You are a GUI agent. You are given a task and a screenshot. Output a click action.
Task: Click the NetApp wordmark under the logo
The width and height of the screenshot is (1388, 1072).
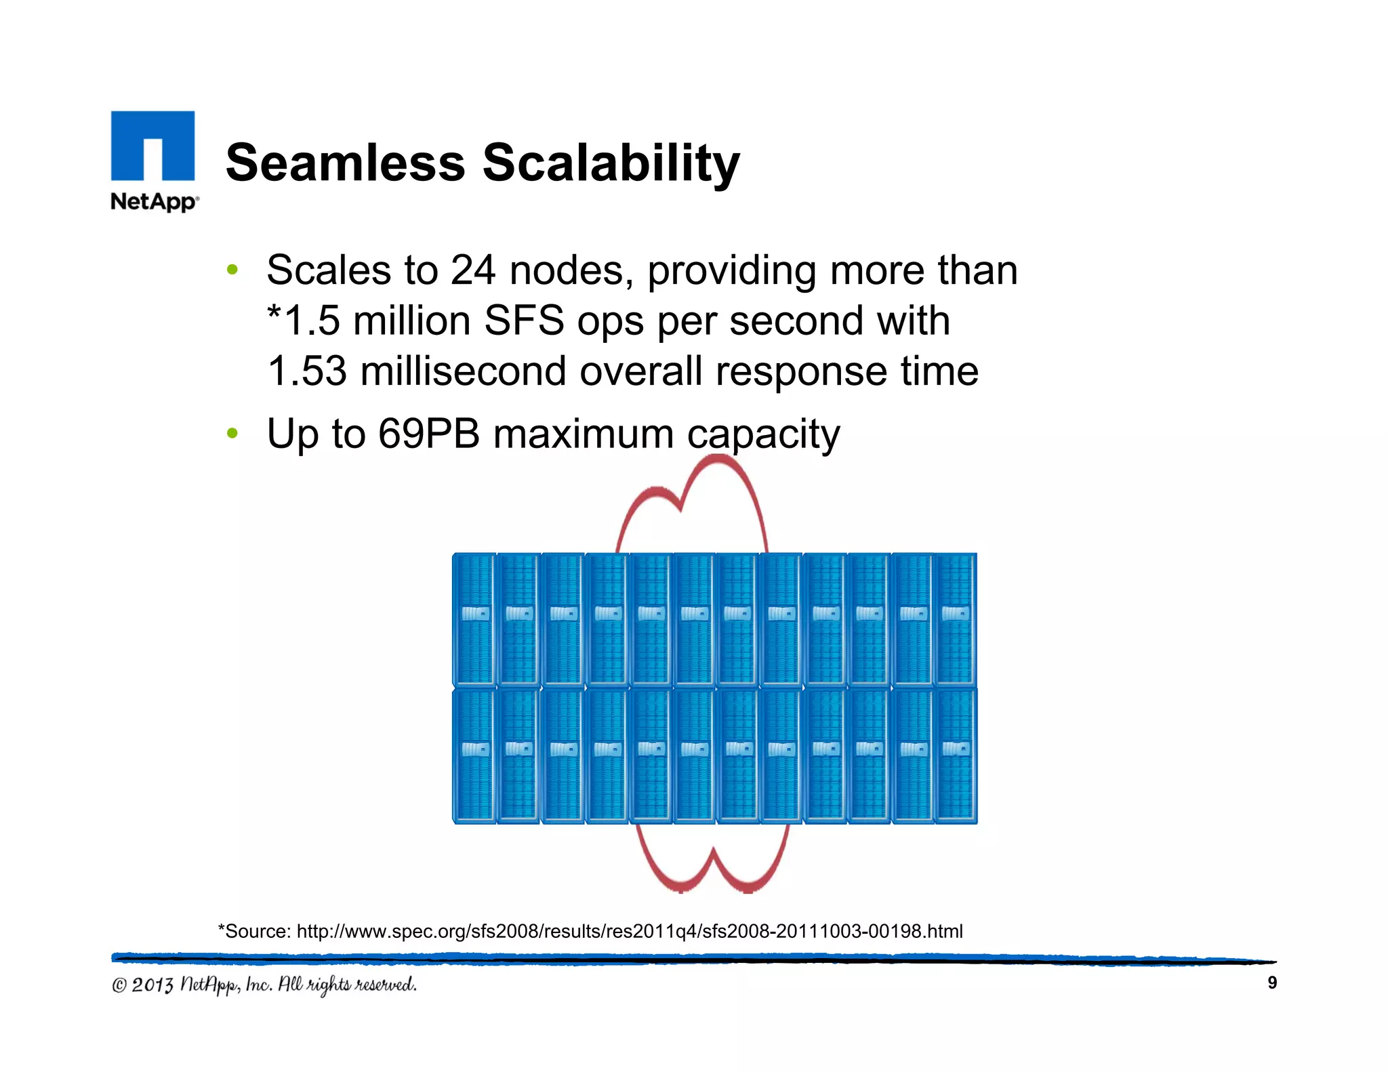click(154, 201)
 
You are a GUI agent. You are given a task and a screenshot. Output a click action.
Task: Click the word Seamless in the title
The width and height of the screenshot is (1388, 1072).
click(345, 163)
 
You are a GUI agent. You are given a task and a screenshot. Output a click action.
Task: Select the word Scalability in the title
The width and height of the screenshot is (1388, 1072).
click(611, 163)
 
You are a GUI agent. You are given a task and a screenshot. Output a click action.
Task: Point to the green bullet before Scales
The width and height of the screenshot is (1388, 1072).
click(232, 270)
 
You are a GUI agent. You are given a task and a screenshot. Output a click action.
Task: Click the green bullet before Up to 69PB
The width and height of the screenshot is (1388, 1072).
click(232, 433)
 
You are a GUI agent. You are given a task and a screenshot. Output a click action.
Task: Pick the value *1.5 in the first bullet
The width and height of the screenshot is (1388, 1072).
click(303, 321)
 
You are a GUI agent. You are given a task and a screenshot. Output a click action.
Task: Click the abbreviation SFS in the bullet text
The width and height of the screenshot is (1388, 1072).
click(524, 321)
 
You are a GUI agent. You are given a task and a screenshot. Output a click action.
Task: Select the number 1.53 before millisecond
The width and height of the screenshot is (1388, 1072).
click(307, 371)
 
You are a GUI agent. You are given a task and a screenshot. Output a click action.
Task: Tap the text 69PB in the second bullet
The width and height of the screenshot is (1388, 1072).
click(428, 434)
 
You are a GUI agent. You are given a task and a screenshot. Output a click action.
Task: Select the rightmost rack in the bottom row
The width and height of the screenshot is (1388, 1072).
click(956, 756)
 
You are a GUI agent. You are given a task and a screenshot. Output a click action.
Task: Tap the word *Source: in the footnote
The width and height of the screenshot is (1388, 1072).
click(254, 931)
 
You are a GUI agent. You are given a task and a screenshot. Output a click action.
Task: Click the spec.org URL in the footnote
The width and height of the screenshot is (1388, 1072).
click(629, 931)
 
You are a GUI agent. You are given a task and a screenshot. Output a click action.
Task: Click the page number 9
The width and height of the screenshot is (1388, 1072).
click(1271, 983)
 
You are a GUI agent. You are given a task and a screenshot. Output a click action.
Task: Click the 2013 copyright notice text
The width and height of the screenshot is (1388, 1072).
click(264, 985)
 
